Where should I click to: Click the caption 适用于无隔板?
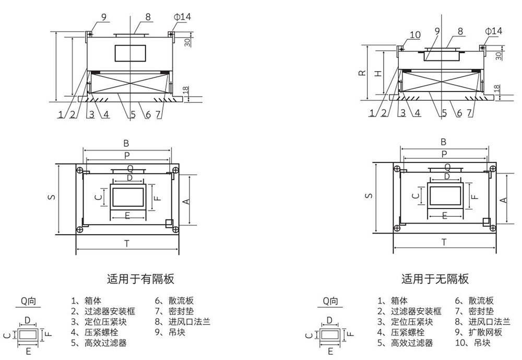pos(435,279)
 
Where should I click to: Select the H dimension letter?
pos(379,73)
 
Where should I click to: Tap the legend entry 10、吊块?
pos(472,343)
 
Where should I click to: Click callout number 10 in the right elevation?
pos(415,35)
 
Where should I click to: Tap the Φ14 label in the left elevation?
pos(183,17)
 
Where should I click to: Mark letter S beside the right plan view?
pos(369,196)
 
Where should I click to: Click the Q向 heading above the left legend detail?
pos(29,301)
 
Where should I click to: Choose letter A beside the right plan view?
pos(503,200)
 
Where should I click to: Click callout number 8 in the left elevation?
pos(148,17)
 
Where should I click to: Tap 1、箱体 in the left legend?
pos(86,300)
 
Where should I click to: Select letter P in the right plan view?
pos(444,154)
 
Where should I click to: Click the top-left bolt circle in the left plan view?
pos(79,170)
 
